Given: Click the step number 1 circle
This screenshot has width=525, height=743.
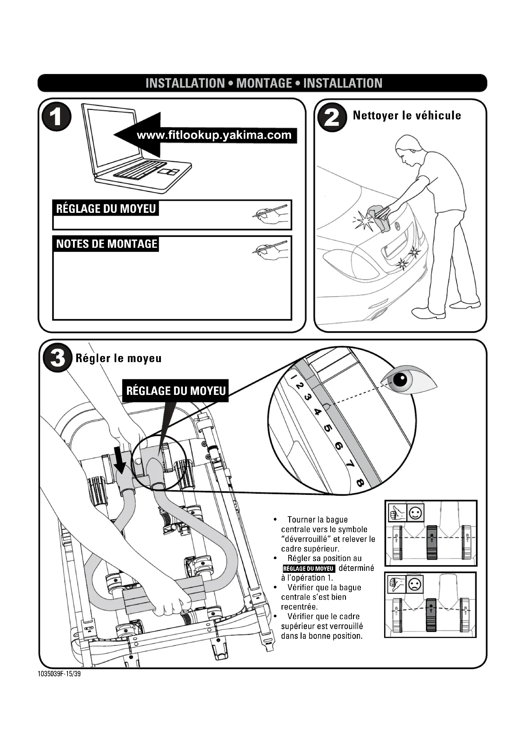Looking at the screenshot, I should coord(56,117).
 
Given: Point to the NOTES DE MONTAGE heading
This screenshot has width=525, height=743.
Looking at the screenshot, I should coord(106,244).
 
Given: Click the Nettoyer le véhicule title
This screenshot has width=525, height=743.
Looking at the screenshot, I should coord(407,116).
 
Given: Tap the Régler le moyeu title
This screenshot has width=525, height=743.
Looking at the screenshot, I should coord(118,358).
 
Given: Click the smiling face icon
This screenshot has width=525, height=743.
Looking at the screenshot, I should coord(415,513).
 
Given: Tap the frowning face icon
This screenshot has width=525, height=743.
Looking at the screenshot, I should coord(415,584).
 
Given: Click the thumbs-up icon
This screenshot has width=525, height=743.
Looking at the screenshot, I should coord(397,513).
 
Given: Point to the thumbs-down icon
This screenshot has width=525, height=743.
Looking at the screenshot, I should coord(397,584).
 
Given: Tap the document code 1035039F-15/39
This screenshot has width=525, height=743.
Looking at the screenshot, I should coord(59,674).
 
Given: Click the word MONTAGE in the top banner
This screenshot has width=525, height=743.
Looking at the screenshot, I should coord(264,83).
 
